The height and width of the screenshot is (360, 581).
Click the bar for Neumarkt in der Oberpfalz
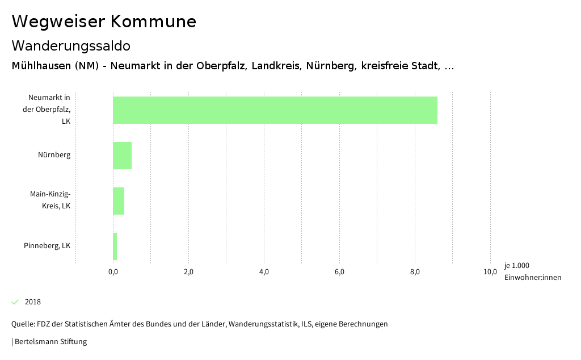click(x=275, y=110)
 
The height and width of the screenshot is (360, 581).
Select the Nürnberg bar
click(x=123, y=156)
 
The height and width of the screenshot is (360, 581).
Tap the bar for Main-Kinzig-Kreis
click(x=119, y=201)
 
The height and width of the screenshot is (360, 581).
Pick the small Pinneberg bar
click(x=115, y=246)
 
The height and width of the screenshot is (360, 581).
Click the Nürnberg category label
click(x=54, y=155)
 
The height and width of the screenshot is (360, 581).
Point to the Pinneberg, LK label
click(x=47, y=246)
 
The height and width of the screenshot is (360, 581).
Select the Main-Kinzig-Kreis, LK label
click(x=50, y=200)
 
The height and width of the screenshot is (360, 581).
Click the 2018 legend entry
click(x=33, y=302)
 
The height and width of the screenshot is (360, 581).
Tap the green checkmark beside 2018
click(x=15, y=302)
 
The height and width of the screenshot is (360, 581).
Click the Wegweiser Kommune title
click(x=104, y=22)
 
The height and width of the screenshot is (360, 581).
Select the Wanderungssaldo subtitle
click(x=71, y=45)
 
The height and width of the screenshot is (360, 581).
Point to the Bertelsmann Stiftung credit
click(x=50, y=342)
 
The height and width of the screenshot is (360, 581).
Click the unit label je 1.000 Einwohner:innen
click(x=532, y=271)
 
